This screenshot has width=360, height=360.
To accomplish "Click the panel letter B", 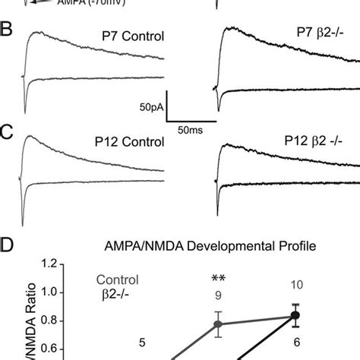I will (8, 32).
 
